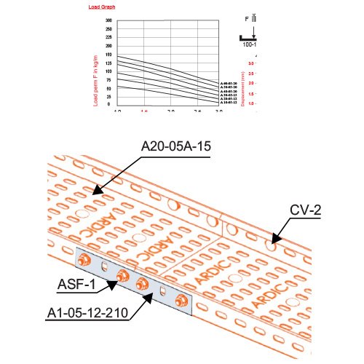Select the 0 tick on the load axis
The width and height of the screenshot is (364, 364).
tap(109, 105)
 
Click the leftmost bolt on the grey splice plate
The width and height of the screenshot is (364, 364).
tap(85, 259)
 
